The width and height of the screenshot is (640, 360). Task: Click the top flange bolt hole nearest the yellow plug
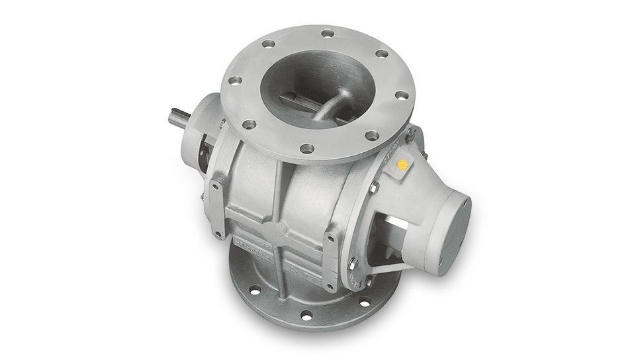click(372, 136)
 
